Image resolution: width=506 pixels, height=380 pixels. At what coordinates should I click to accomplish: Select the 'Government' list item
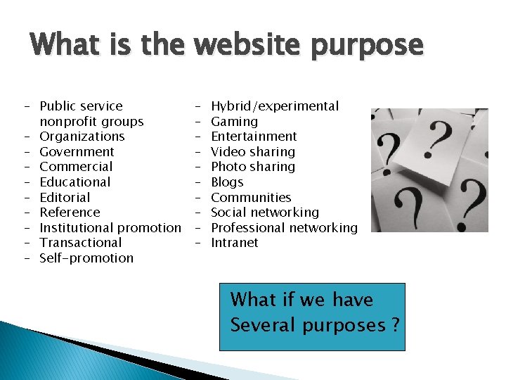pos(77,151)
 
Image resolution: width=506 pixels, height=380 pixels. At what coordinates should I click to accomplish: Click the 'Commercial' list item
pos(76,167)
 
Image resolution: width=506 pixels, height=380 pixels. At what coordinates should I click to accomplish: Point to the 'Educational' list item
pos(75,182)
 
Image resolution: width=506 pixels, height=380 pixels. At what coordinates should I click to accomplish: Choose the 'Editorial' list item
pos(65,197)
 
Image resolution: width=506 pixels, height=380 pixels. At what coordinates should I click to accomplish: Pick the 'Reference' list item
pos(70,213)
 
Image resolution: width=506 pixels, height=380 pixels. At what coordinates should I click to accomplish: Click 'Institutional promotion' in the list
pos(110,227)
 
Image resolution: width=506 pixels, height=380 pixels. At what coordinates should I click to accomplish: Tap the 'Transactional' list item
pos(81,243)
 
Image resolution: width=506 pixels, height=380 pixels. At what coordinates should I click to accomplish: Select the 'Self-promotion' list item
pos(86,258)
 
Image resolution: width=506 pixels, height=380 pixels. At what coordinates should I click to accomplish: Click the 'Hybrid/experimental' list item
pos(275,106)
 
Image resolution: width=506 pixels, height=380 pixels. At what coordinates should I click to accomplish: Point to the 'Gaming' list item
pos(234,121)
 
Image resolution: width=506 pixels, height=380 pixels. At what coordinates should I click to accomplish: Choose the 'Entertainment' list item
pos(254,137)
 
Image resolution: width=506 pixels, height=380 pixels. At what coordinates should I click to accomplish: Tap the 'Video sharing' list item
pos(253,151)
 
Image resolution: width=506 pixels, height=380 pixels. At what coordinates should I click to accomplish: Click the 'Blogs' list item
pos(227,182)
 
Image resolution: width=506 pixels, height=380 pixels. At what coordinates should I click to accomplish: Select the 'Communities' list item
pos(251,197)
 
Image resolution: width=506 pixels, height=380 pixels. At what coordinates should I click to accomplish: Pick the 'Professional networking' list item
pos(284,227)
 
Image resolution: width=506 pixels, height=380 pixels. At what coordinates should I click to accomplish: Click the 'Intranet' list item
pos(235,243)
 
